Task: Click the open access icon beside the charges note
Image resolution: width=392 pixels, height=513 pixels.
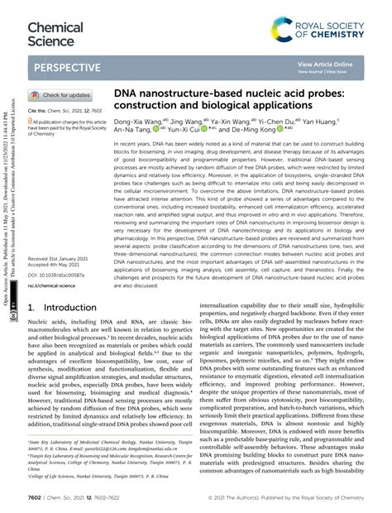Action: point(31,121)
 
